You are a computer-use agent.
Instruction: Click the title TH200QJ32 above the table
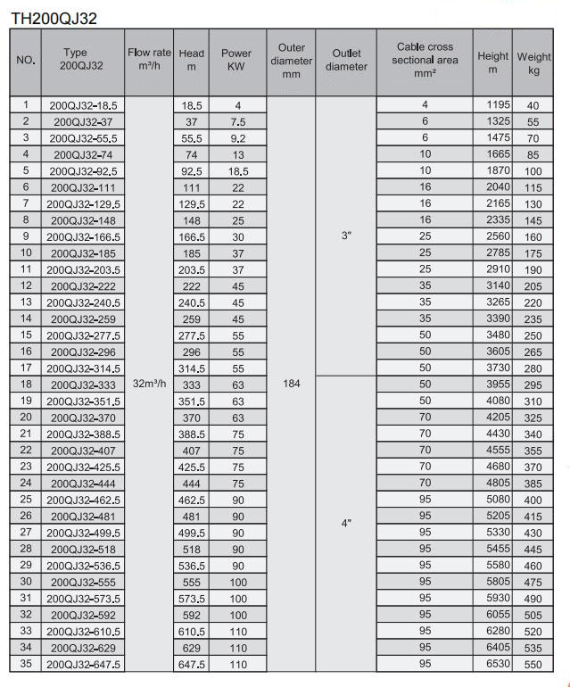tap(53, 15)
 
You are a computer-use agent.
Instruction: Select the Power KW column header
tap(237, 60)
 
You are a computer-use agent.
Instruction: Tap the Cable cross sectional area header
tap(425, 60)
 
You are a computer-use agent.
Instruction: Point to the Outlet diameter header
tap(346, 60)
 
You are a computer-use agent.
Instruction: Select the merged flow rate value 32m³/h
tap(149, 384)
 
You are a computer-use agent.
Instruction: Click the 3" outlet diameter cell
tap(346, 236)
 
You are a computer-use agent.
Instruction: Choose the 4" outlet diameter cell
tap(346, 524)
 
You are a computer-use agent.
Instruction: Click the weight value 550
tap(534, 665)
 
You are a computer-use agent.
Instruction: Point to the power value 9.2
tap(237, 138)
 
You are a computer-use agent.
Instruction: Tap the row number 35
tap(26, 665)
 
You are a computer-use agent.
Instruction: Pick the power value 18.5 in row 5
tap(237, 170)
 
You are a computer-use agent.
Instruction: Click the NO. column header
tap(26, 62)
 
